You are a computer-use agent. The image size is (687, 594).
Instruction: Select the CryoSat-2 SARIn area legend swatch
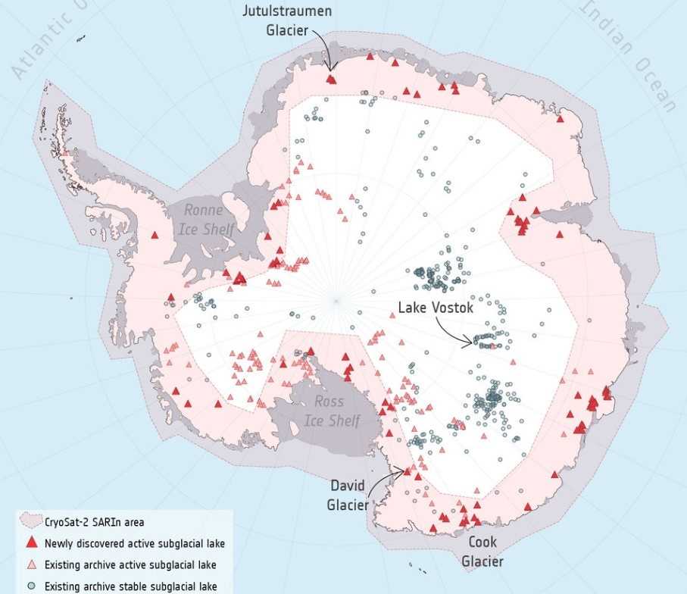pos(30,522)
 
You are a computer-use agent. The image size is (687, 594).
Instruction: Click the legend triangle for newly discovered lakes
pos(30,543)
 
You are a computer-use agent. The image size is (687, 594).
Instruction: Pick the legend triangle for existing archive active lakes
pos(30,565)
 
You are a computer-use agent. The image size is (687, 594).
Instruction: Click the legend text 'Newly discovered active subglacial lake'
pos(134,543)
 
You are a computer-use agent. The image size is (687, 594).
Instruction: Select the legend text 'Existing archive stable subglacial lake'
pos(130,586)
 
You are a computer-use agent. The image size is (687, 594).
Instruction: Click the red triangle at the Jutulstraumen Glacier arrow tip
pos(330,78)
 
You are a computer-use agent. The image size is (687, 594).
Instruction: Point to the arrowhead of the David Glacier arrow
pos(403,470)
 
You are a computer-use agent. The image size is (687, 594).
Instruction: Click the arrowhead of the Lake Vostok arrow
pos(471,345)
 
